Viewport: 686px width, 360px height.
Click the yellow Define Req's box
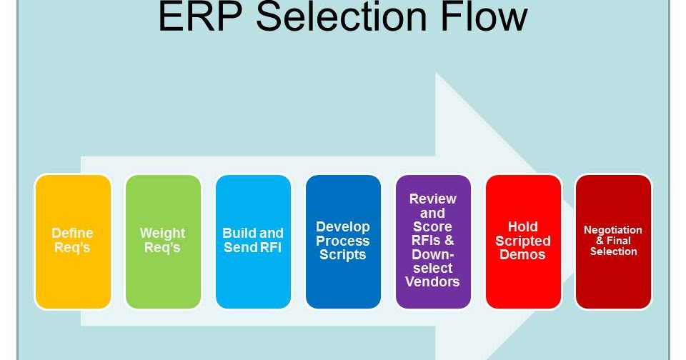click(73, 241)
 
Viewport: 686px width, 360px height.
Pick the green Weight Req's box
click(163, 241)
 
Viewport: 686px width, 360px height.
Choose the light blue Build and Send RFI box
click(253, 241)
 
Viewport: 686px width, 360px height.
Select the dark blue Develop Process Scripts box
click(343, 241)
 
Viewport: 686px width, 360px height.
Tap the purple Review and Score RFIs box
click(433, 241)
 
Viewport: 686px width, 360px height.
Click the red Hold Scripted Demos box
click(523, 241)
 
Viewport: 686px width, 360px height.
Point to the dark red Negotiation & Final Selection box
click(613, 241)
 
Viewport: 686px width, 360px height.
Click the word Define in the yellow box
click(72, 234)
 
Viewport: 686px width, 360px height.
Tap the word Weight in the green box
click(162, 234)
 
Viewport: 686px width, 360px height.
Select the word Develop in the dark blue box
click(343, 227)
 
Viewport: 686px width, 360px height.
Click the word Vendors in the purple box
click(432, 281)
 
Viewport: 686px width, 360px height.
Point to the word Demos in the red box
click(523, 255)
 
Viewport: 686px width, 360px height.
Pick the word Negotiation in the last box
click(613, 230)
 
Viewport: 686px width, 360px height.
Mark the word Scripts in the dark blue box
click(343, 255)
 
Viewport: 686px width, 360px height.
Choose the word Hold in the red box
click(523, 227)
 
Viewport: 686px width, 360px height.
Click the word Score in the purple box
click(432, 227)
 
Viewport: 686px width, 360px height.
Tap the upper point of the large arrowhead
click(437, 73)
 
